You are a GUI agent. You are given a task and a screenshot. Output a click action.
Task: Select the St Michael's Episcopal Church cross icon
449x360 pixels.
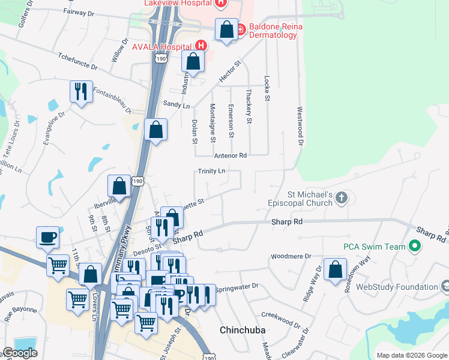[342, 198]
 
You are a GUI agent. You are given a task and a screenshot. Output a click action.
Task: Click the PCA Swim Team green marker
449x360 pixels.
[414, 246]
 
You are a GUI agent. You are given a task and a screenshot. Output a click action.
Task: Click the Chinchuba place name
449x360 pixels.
[243, 330]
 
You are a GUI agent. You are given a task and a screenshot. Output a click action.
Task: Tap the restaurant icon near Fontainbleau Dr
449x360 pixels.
[81, 91]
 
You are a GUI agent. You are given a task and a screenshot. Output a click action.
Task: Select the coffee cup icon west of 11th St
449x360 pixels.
[47, 236]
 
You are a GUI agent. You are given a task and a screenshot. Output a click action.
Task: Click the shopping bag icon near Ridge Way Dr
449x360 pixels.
[335, 269]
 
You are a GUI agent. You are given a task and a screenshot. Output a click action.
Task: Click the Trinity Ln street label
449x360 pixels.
[212, 171]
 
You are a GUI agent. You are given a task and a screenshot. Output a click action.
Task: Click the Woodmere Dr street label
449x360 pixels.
[291, 256]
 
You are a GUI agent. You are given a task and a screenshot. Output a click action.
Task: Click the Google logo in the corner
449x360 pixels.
[20, 353]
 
